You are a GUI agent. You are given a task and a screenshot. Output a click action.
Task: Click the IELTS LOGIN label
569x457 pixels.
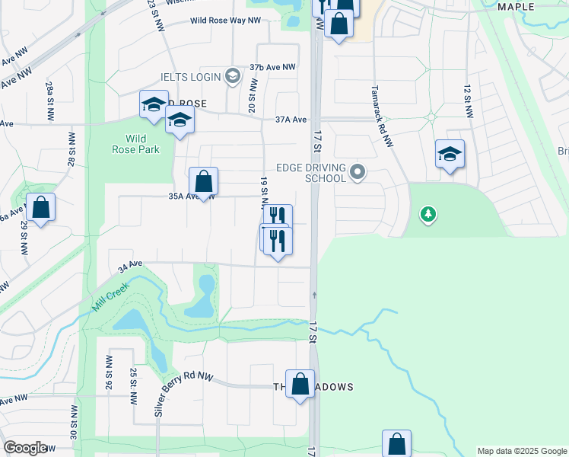[190, 77]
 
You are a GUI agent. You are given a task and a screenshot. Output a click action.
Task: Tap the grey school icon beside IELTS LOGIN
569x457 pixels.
[233, 76]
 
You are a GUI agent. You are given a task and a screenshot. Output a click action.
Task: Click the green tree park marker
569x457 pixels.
[429, 216]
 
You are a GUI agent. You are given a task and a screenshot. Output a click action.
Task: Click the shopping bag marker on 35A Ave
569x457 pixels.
[203, 182]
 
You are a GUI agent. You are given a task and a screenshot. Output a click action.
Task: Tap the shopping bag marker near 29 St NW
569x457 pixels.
[40, 207]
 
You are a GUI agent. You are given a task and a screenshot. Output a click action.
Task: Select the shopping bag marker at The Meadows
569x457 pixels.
[300, 384]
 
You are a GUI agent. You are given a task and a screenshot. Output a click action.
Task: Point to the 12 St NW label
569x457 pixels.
[468, 100]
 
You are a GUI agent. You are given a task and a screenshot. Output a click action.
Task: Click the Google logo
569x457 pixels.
[25, 447]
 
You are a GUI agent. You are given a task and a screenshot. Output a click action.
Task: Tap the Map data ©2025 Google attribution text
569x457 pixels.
[522, 451]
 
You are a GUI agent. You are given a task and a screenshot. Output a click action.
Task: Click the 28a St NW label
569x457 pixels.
[49, 101]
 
